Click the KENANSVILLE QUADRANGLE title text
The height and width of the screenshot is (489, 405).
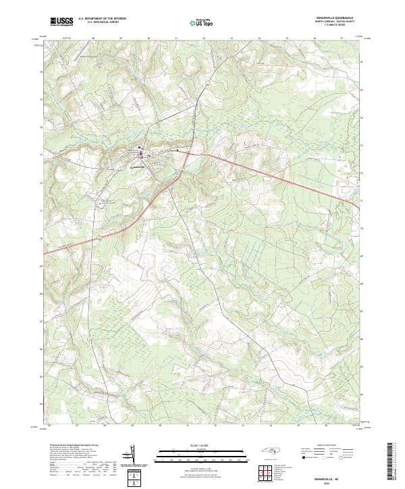333,17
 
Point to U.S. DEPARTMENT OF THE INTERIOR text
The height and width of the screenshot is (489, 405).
102,18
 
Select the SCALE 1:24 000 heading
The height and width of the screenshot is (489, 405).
202,446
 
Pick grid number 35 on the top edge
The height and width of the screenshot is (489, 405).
287,39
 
